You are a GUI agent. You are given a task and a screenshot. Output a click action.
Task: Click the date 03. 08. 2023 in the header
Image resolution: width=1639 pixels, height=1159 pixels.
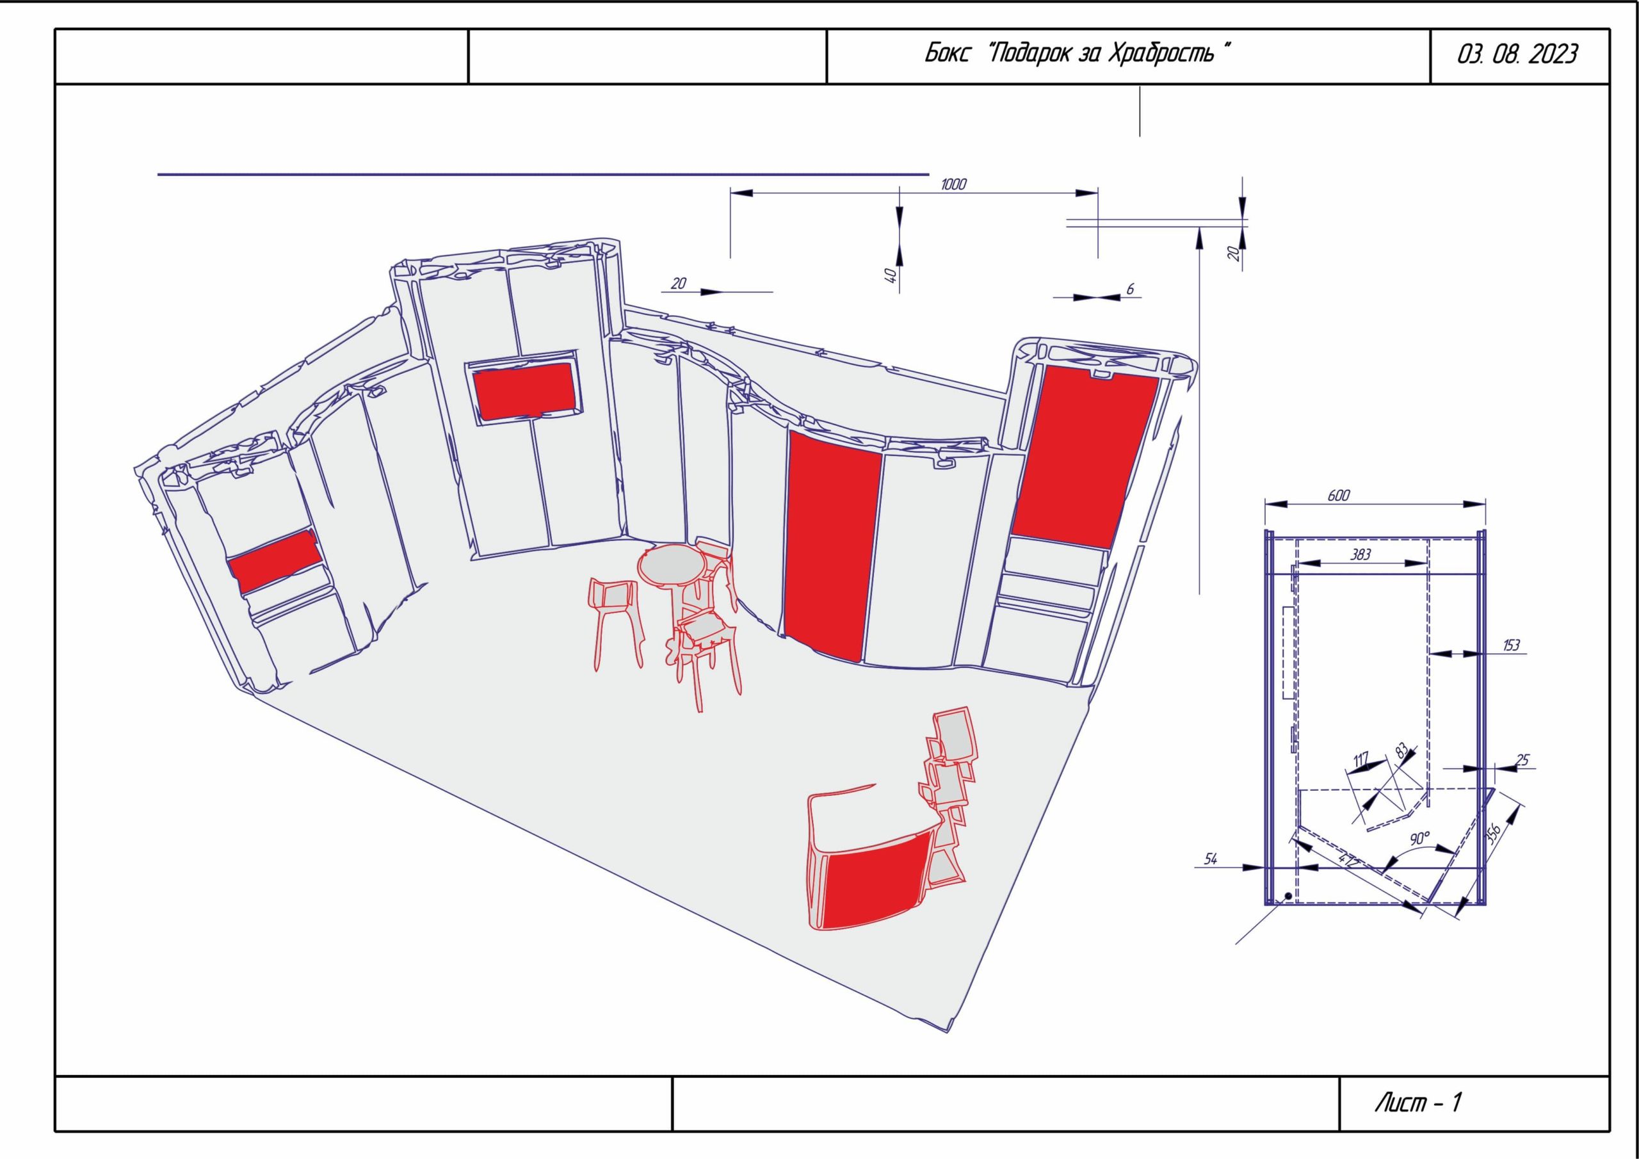(1517, 55)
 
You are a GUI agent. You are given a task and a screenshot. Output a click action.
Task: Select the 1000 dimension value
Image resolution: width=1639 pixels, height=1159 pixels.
(954, 184)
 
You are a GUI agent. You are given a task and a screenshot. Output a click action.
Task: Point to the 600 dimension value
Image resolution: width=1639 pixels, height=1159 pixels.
(1339, 495)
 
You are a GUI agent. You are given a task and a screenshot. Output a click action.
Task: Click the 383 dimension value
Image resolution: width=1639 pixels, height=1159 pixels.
(1361, 553)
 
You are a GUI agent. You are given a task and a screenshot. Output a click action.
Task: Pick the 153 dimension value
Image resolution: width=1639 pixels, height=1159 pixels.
(1511, 645)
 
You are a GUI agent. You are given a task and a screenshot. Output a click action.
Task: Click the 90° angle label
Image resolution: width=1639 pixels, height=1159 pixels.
(1421, 838)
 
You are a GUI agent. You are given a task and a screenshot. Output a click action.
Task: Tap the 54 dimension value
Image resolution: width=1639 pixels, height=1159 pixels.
(1211, 859)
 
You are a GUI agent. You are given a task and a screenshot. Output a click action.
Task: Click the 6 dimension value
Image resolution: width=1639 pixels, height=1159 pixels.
(1130, 289)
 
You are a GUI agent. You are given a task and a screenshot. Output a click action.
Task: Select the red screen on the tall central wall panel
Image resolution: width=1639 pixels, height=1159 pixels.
(526, 390)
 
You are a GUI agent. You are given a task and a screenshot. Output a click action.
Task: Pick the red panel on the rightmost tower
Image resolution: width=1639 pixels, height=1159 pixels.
(1085, 457)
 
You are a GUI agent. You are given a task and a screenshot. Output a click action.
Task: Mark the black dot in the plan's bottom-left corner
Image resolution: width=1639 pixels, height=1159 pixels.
(1288, 896)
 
